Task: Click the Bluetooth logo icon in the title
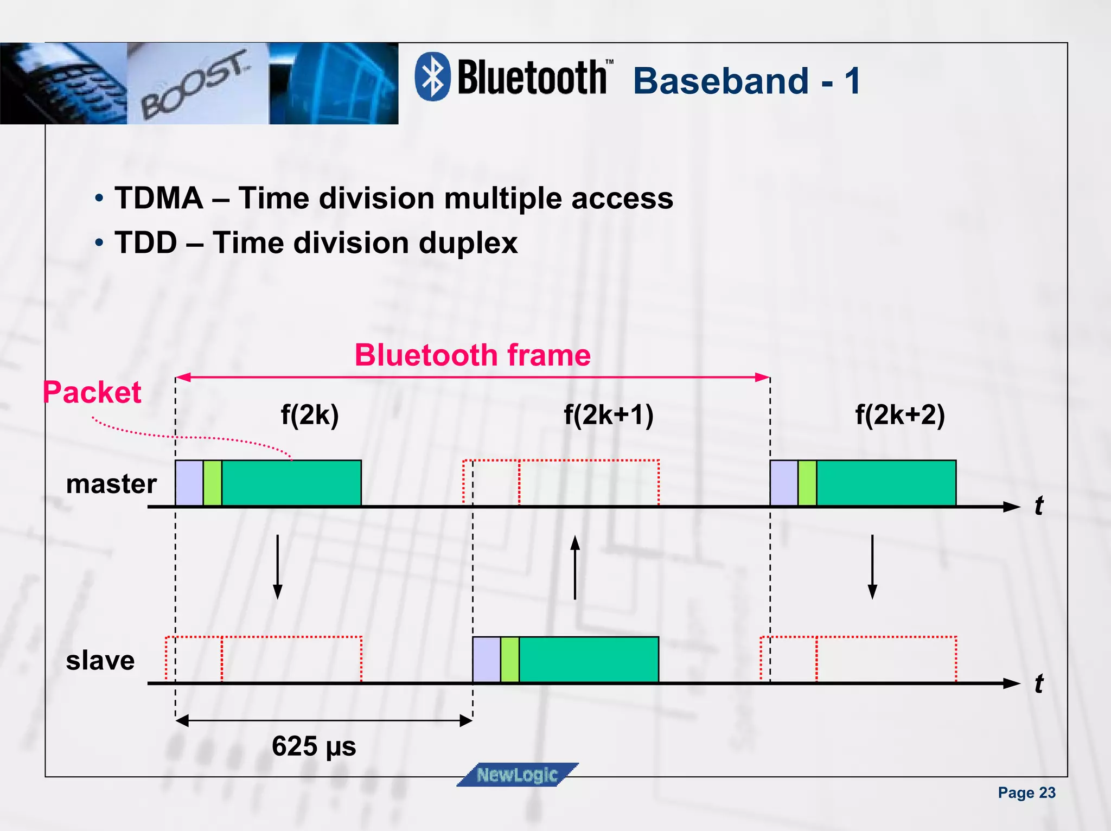pyautogui.click(x=432, y=76)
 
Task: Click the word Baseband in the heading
pyautogui.click(x=721, y=81)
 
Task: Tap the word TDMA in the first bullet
pyautogui.click(x=158, y=198)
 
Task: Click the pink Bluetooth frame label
pyautogui.click(x=472, y=355)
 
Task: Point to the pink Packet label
pyautogui.click(x=92, y=392)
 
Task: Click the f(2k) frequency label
pyautogui.click(x=309, y=415)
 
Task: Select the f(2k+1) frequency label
pyautogui.click(x=608, y=415)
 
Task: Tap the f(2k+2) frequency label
pyautogui.click(x=899, y=415)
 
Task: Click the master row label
pyautogui.click(x=111, y=484)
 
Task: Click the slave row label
pyautogui.click(x=100, y=661)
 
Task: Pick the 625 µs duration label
pyautogui.click(x=314, y=746)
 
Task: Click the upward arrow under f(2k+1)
pyautogui.click(x=575, y=567)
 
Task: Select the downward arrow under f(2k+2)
pyautogui.click(x=872, y=567)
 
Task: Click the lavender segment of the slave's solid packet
pyautogui.click(x=486, y=659)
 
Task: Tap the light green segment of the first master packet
pyautogui.click(x=212, y=483)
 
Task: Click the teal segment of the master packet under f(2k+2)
pyautogui.click(x=886, y=483)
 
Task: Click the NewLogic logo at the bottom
pyautogui.click(x=517, y=775)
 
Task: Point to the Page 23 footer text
pyautogui.click(x=1026, y=792)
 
